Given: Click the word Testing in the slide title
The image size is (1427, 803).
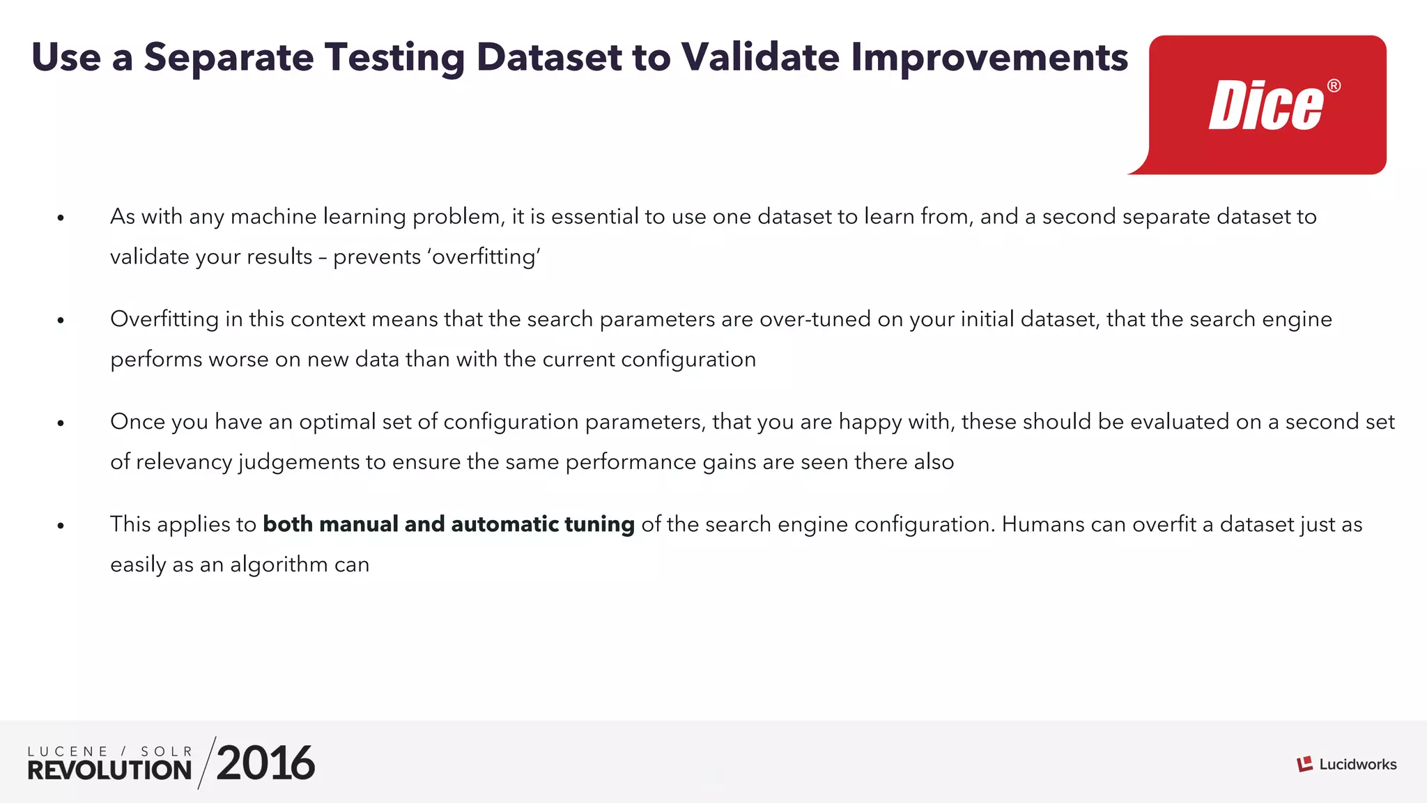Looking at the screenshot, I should pos(394,59).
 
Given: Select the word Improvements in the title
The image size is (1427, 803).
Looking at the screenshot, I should pos(989,59).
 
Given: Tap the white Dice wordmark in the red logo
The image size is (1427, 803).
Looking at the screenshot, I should pos(1265,106).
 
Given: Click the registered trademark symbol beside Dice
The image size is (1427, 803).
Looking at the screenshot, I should pos(1334,86).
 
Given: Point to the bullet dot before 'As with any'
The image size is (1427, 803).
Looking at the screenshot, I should pos(61,218).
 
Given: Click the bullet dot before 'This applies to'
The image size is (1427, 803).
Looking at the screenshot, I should pos(61,526).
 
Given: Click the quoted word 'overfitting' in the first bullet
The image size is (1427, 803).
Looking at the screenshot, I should pos(485,257).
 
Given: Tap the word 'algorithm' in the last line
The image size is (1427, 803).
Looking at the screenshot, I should pos(279,565).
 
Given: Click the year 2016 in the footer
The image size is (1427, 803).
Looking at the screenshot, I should pos(265,763).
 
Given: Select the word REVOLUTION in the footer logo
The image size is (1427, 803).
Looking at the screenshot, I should pos(109,770).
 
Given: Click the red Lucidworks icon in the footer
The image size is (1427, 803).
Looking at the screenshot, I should pos(1304,764).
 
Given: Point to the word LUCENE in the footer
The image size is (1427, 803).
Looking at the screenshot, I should pos(68,751).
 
